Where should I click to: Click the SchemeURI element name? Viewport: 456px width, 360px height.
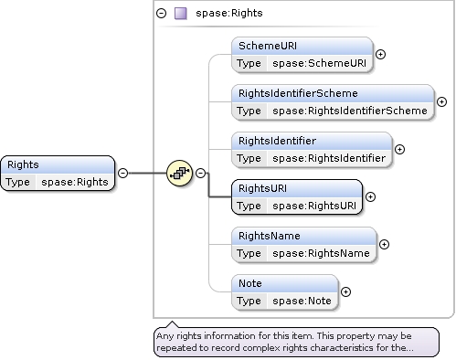[x=268, y=46]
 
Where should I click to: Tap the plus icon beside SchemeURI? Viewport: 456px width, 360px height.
[x=380, y=55]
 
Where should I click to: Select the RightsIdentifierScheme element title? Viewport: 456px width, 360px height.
[x=298, y=93]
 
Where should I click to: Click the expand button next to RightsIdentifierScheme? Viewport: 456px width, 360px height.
[x=441, y=102]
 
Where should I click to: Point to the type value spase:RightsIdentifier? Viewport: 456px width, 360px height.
[x=329, y=158]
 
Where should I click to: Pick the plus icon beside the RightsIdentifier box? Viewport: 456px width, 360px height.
[x=399, y=150]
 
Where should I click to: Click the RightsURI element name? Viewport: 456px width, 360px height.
[x=262, y=188]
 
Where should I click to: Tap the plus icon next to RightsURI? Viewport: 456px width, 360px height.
[x=370, y=197]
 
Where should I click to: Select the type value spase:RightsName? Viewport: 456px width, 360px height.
[x=321, y=253]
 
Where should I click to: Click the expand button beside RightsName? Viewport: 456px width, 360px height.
[x=384, y=245]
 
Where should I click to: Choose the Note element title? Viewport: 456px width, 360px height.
[x=250, y=283]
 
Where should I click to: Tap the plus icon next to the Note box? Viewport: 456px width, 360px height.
[x=345, y=292]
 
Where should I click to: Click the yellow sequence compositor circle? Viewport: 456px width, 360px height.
[x=180, y=174]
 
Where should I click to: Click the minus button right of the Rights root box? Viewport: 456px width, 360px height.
[x=122, y=174]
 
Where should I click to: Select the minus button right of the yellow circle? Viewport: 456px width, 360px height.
[x=200, y=174]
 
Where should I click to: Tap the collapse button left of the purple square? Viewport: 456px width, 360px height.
[x=161, y=13]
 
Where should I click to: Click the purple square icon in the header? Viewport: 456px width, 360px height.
[x=181, y=14]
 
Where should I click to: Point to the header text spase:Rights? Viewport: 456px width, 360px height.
[x=229, y=13]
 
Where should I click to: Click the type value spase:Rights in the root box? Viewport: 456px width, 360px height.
[x=75, y=182]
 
